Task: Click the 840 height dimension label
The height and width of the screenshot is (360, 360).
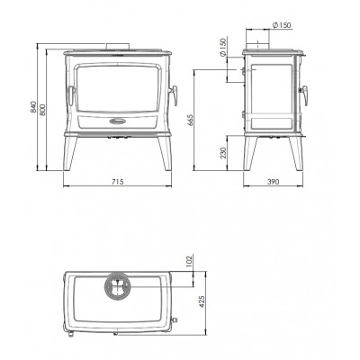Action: pyautogui.click(x=34, y=107)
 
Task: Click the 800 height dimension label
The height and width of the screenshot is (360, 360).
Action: pyautogui.click(x=42, y=110)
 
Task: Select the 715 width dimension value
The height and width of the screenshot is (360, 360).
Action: pyautogui.click(x=117, y=182)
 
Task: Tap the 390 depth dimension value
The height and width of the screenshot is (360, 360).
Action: pyautogui.click(x=273, y=182)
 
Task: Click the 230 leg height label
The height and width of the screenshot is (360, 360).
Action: pyautogui.click(x=222, y=153)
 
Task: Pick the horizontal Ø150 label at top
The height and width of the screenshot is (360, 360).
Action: pyautogui.click(x=282, y=25)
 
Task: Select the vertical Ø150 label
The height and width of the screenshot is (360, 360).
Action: pyautogui.click(x=222, y=48)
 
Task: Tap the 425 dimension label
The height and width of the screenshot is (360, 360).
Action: pyautogui.click(x=202, y=301)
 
